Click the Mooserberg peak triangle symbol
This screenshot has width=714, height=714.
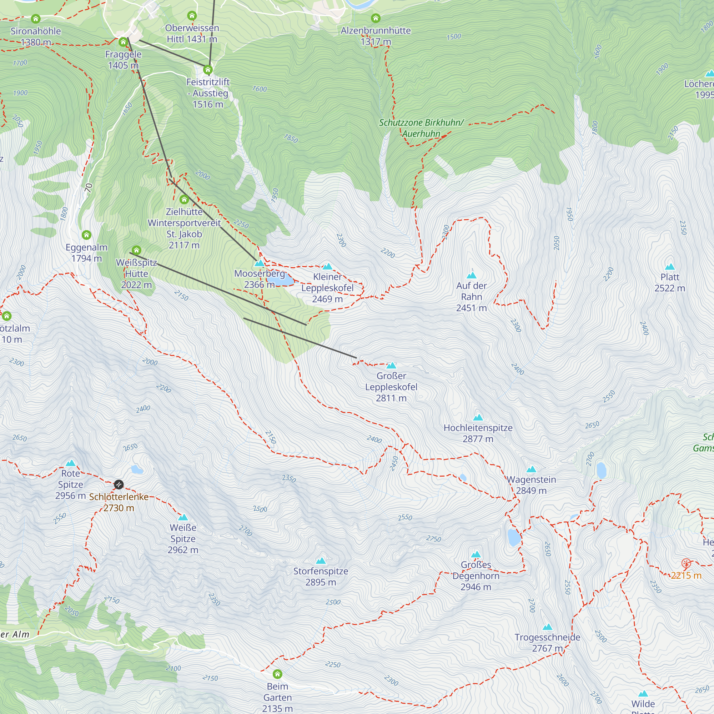[260, 263]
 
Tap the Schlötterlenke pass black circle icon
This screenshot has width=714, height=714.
[119, 484]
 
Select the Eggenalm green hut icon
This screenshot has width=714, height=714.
[86, 235]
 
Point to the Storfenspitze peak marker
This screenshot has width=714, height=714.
[321, 561]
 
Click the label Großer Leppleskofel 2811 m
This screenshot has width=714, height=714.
[391, 387]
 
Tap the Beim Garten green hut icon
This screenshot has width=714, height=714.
[277, 674]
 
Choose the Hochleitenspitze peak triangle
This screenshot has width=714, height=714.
[478, 418]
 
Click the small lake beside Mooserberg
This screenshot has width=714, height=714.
[281, 281]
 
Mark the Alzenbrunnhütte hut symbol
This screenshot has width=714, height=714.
[376, 18]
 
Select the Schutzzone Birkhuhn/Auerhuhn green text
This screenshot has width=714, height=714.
[421, 128]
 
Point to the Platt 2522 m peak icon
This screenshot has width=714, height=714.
[670, 267]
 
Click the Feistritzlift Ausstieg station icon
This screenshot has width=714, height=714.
[208, 70]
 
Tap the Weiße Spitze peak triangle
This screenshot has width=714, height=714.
[183, 517]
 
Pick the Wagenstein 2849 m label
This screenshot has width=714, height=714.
[531, 485]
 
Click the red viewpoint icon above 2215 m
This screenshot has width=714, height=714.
[686, 563]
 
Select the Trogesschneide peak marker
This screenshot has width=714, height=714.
[547, 627]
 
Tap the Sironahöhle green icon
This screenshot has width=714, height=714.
[35, 19]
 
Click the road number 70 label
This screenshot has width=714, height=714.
[88, 188]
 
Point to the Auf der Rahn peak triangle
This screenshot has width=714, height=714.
[472, 275]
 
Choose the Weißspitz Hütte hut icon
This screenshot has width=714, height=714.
[136, 250]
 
